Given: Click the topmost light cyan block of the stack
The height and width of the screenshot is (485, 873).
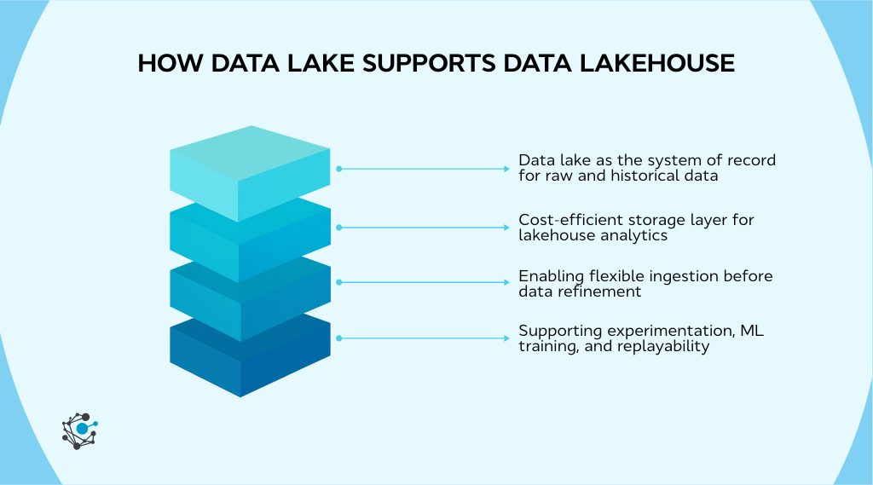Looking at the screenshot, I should [x=249, y=170].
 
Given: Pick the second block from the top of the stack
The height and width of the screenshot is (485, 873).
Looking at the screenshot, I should [x=249, y=241].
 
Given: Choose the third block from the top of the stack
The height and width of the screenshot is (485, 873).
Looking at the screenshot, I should [x=249, y=298].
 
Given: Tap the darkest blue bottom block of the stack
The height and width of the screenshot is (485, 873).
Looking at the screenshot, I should [x=249, y=358].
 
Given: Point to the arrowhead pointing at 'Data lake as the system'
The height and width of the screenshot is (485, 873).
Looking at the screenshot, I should [x=506, y=169].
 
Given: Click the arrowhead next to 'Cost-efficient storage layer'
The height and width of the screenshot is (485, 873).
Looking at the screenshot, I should [x=506, y=228].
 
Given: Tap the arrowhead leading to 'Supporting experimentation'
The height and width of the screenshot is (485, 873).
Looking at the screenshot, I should [x=506, y=338].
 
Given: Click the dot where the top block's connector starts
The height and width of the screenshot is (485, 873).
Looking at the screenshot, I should [x=339, y=169].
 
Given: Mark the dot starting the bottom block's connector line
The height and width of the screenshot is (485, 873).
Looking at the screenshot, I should [x=339, y=338].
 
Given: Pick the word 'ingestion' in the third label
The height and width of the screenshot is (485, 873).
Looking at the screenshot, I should [x=698, y=276].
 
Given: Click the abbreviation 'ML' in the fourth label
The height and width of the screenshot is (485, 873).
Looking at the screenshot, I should [x=753, y=331].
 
